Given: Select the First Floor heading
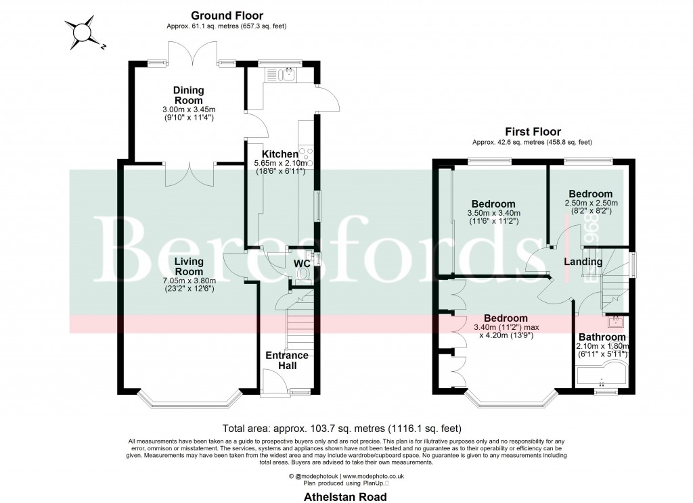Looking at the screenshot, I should click(532, 131).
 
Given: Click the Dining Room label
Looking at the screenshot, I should click(188, 95).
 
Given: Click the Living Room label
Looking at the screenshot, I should click(188, 266).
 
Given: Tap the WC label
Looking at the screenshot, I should click(301, 263).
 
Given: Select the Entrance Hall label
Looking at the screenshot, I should click(286, 360).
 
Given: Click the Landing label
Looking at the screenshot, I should click(583, 262).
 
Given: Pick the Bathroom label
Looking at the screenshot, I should click(601, 337).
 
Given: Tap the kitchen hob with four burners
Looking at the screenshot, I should click(309, 157).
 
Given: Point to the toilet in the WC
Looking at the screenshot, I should click(303, 273).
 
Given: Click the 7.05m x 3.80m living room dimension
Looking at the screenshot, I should click(188, 281).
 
